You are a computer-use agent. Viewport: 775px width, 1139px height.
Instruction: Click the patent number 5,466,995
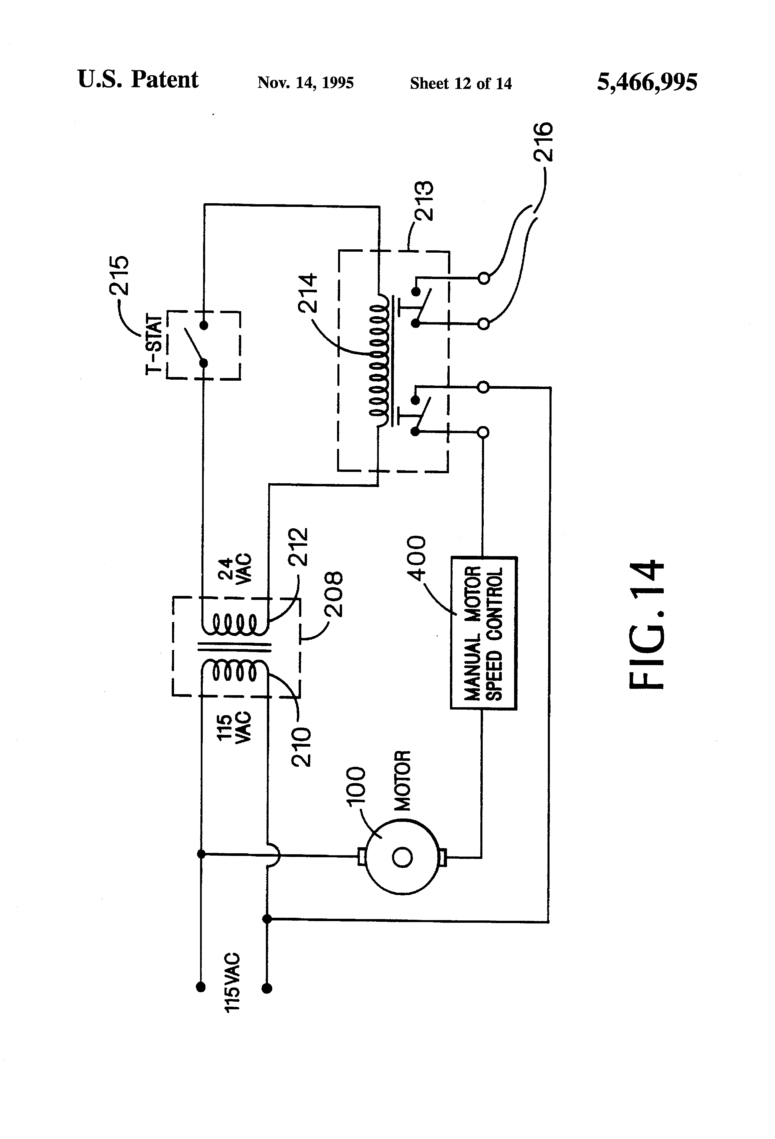tap(647, 82)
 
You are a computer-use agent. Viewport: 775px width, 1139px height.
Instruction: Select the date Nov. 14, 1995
tap(305, 82)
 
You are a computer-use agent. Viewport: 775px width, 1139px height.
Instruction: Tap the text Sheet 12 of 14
tap(461, 83)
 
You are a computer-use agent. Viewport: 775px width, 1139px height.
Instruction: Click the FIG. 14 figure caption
tap(647, 625)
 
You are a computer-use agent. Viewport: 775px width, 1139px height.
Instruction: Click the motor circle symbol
tap(402, 857)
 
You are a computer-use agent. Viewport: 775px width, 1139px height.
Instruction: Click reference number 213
tap(423, 202)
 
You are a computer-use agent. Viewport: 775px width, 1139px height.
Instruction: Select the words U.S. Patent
tap(138, 80)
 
